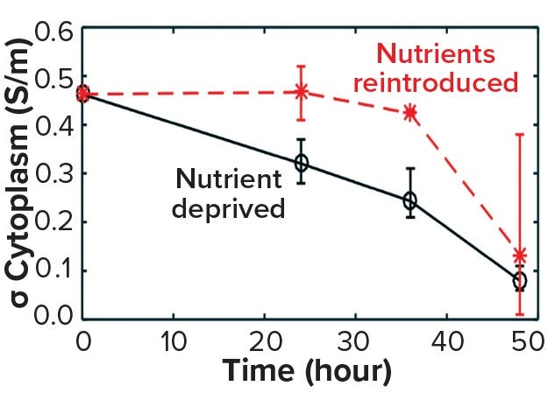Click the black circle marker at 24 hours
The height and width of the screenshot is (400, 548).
302,164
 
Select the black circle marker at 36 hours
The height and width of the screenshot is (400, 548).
409,200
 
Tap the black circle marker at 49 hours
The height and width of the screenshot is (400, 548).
520,281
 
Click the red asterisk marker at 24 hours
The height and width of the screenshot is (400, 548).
302,91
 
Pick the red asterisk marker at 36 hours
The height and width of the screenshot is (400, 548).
409,113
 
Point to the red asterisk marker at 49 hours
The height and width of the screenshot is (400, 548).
520,256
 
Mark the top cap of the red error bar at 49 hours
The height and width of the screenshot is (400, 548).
520,134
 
